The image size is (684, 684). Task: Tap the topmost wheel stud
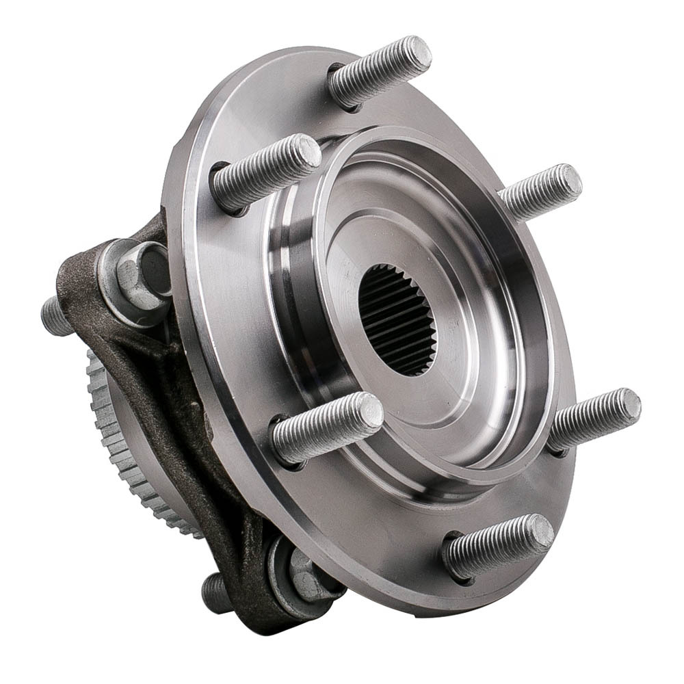click(x=380, y=71)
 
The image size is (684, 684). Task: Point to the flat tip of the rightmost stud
click(x=629, y=406)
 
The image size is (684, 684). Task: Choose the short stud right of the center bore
click(x=540, y=192)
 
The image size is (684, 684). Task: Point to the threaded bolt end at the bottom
click(x=215, y=592)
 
